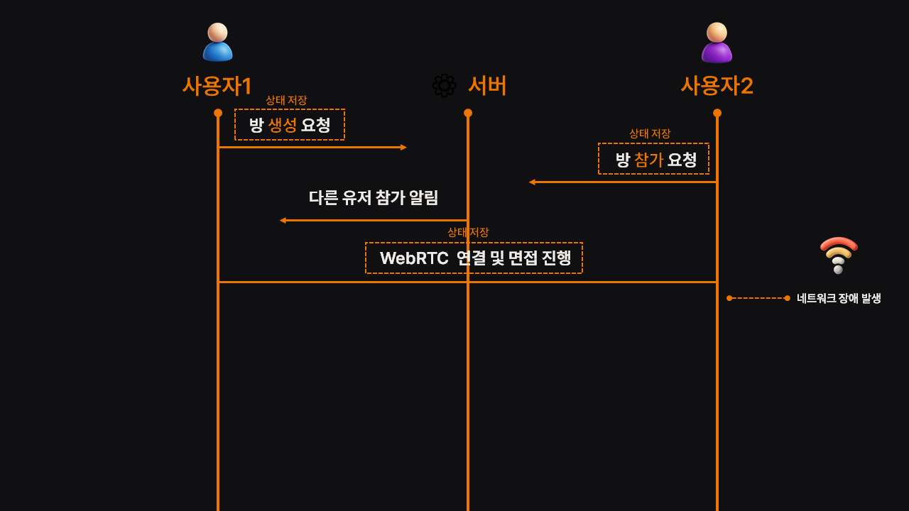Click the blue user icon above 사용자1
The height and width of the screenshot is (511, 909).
[217, 43]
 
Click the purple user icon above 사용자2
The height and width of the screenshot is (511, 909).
[717, 43]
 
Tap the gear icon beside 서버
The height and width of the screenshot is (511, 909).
[445, 86]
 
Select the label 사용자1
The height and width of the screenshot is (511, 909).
[217, 86]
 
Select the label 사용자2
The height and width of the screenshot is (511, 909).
[717, 86]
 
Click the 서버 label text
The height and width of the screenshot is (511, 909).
[487, 86]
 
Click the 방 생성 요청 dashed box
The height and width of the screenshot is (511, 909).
[290, 125]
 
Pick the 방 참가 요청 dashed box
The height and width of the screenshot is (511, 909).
[653, 159]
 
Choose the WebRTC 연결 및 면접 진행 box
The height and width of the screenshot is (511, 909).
[474, 258]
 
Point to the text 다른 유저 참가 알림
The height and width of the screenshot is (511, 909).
[374, 197]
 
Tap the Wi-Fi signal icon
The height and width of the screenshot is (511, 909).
[839, 255]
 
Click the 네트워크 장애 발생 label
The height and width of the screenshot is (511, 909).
[839, 298]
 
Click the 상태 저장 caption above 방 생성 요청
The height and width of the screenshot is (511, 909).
[286, 100]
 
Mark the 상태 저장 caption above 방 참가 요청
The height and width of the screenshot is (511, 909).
[650, 133]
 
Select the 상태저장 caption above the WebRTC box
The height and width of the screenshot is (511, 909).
[468, 232]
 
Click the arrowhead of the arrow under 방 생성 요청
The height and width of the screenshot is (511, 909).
[403, 148]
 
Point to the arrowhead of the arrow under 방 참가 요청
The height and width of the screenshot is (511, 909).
[532, 182]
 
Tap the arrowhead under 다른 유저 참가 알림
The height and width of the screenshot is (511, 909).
[283, 221]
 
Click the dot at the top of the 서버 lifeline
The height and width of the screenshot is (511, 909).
[468, 113]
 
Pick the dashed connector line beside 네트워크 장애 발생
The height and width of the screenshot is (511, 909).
[758, 298]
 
